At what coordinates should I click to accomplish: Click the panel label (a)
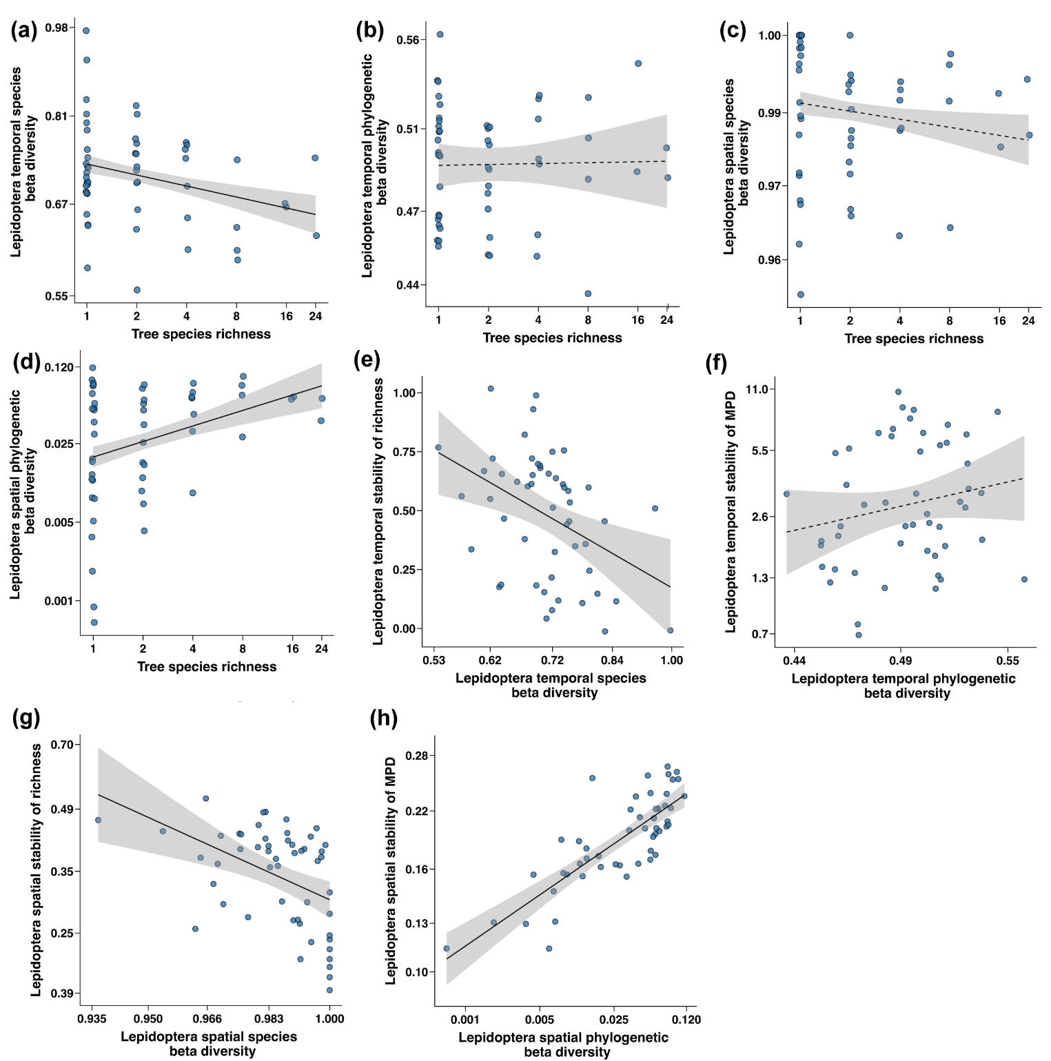click(23, 31)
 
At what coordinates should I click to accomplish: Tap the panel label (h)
click(384, 719)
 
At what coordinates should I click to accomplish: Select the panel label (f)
click(717, 362)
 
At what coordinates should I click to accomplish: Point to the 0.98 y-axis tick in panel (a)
click(57, 28)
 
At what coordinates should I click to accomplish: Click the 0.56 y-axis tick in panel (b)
click(408, 40)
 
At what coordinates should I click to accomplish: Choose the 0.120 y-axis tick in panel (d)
click(59, 367)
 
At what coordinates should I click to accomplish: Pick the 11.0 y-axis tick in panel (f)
click(756, 389)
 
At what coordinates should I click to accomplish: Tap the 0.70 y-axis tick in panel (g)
click(62, 744)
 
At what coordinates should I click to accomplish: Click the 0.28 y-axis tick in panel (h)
click(416, 756)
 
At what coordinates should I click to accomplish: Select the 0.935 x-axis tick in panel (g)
click(92, 1019)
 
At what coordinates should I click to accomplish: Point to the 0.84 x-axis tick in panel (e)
click(612, 660)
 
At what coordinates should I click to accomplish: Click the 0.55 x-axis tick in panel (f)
click(1008, 660)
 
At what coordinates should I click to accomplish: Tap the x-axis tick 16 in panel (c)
click(999, 320)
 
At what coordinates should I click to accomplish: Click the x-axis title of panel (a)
click(201, 334)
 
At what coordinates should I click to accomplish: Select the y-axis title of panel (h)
click(391, 870)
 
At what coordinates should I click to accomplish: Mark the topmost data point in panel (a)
click(86, 30)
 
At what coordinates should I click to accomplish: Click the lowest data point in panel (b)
click(588, 293)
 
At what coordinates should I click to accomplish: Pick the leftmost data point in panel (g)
click(98, 820)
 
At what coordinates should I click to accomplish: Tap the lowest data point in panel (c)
click(800, 294)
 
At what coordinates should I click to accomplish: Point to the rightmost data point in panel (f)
click(1024, 579)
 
